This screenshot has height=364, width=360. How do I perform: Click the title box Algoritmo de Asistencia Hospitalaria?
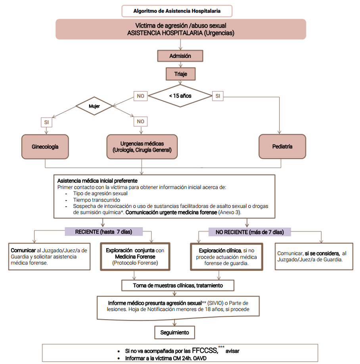177,11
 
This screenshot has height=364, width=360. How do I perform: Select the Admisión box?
180,56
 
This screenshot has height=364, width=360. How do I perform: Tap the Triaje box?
180,74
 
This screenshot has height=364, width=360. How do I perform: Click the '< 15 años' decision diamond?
180,96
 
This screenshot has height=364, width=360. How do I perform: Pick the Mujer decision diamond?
94,106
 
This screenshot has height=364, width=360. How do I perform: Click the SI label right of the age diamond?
218,96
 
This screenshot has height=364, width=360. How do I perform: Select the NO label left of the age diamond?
140,96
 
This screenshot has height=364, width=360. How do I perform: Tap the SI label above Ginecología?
46,122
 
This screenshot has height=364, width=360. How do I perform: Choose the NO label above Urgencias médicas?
140,121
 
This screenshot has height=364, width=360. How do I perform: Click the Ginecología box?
45,147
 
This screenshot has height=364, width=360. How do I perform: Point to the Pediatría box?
282,146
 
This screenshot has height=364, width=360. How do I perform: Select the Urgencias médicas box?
142,147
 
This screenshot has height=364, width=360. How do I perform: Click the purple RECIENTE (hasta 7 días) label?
103,232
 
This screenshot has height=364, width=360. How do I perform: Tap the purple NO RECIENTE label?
249,232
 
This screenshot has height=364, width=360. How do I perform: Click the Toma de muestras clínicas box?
178,285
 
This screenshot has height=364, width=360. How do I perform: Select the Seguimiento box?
174,332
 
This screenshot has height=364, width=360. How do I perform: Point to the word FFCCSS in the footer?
205,351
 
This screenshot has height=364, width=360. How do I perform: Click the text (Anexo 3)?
230,212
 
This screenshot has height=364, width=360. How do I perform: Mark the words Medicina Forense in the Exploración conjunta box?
135,257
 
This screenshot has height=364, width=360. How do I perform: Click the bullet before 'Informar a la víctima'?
119,358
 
